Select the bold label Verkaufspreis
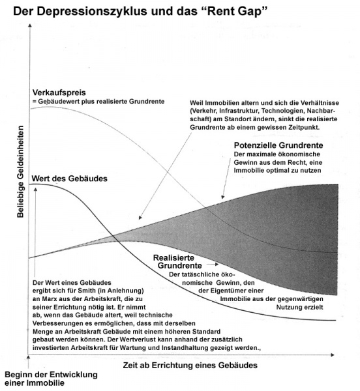pos(58,93)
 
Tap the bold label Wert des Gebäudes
pos(70,178)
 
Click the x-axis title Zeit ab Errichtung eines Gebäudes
pos(190,366)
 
